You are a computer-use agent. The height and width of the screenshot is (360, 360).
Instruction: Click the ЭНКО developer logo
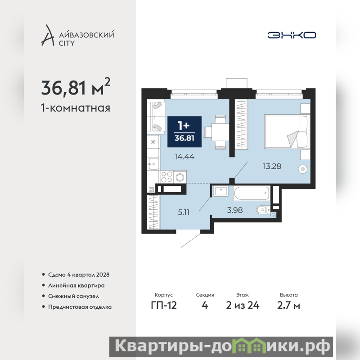[292, 35]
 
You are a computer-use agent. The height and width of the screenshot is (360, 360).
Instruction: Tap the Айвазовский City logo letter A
[48, 36]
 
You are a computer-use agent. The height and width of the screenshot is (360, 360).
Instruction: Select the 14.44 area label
[184, 157]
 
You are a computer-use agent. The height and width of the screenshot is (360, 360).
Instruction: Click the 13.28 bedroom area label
[272, 166]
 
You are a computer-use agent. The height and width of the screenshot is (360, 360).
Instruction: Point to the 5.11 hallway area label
[184, 212]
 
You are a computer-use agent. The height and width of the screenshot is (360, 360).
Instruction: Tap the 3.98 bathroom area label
[234, 210]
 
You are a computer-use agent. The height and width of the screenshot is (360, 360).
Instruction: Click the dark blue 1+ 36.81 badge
[184, 131]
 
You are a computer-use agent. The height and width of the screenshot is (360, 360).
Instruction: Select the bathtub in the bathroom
[252, 193]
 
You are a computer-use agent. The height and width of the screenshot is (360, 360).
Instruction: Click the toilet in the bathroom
[263, 210]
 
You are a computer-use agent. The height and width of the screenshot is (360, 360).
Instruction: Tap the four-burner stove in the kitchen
[166, 177]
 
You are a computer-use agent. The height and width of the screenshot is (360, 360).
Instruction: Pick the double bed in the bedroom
[286, 131]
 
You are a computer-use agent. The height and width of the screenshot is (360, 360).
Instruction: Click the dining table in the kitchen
[220, 132]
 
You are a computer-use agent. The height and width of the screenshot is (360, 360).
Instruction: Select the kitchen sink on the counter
[153, 164]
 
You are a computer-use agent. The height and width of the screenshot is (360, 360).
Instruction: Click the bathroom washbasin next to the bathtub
[221, 191]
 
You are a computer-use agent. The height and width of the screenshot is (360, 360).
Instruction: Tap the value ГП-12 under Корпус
[164, 306]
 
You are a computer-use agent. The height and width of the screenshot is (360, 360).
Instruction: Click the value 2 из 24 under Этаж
[243, 306]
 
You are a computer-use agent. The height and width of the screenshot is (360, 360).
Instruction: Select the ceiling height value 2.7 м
[288, 306]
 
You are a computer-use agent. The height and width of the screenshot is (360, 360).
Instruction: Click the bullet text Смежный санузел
[73, 296]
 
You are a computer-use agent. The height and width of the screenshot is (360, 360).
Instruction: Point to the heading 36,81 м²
[76, 87]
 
